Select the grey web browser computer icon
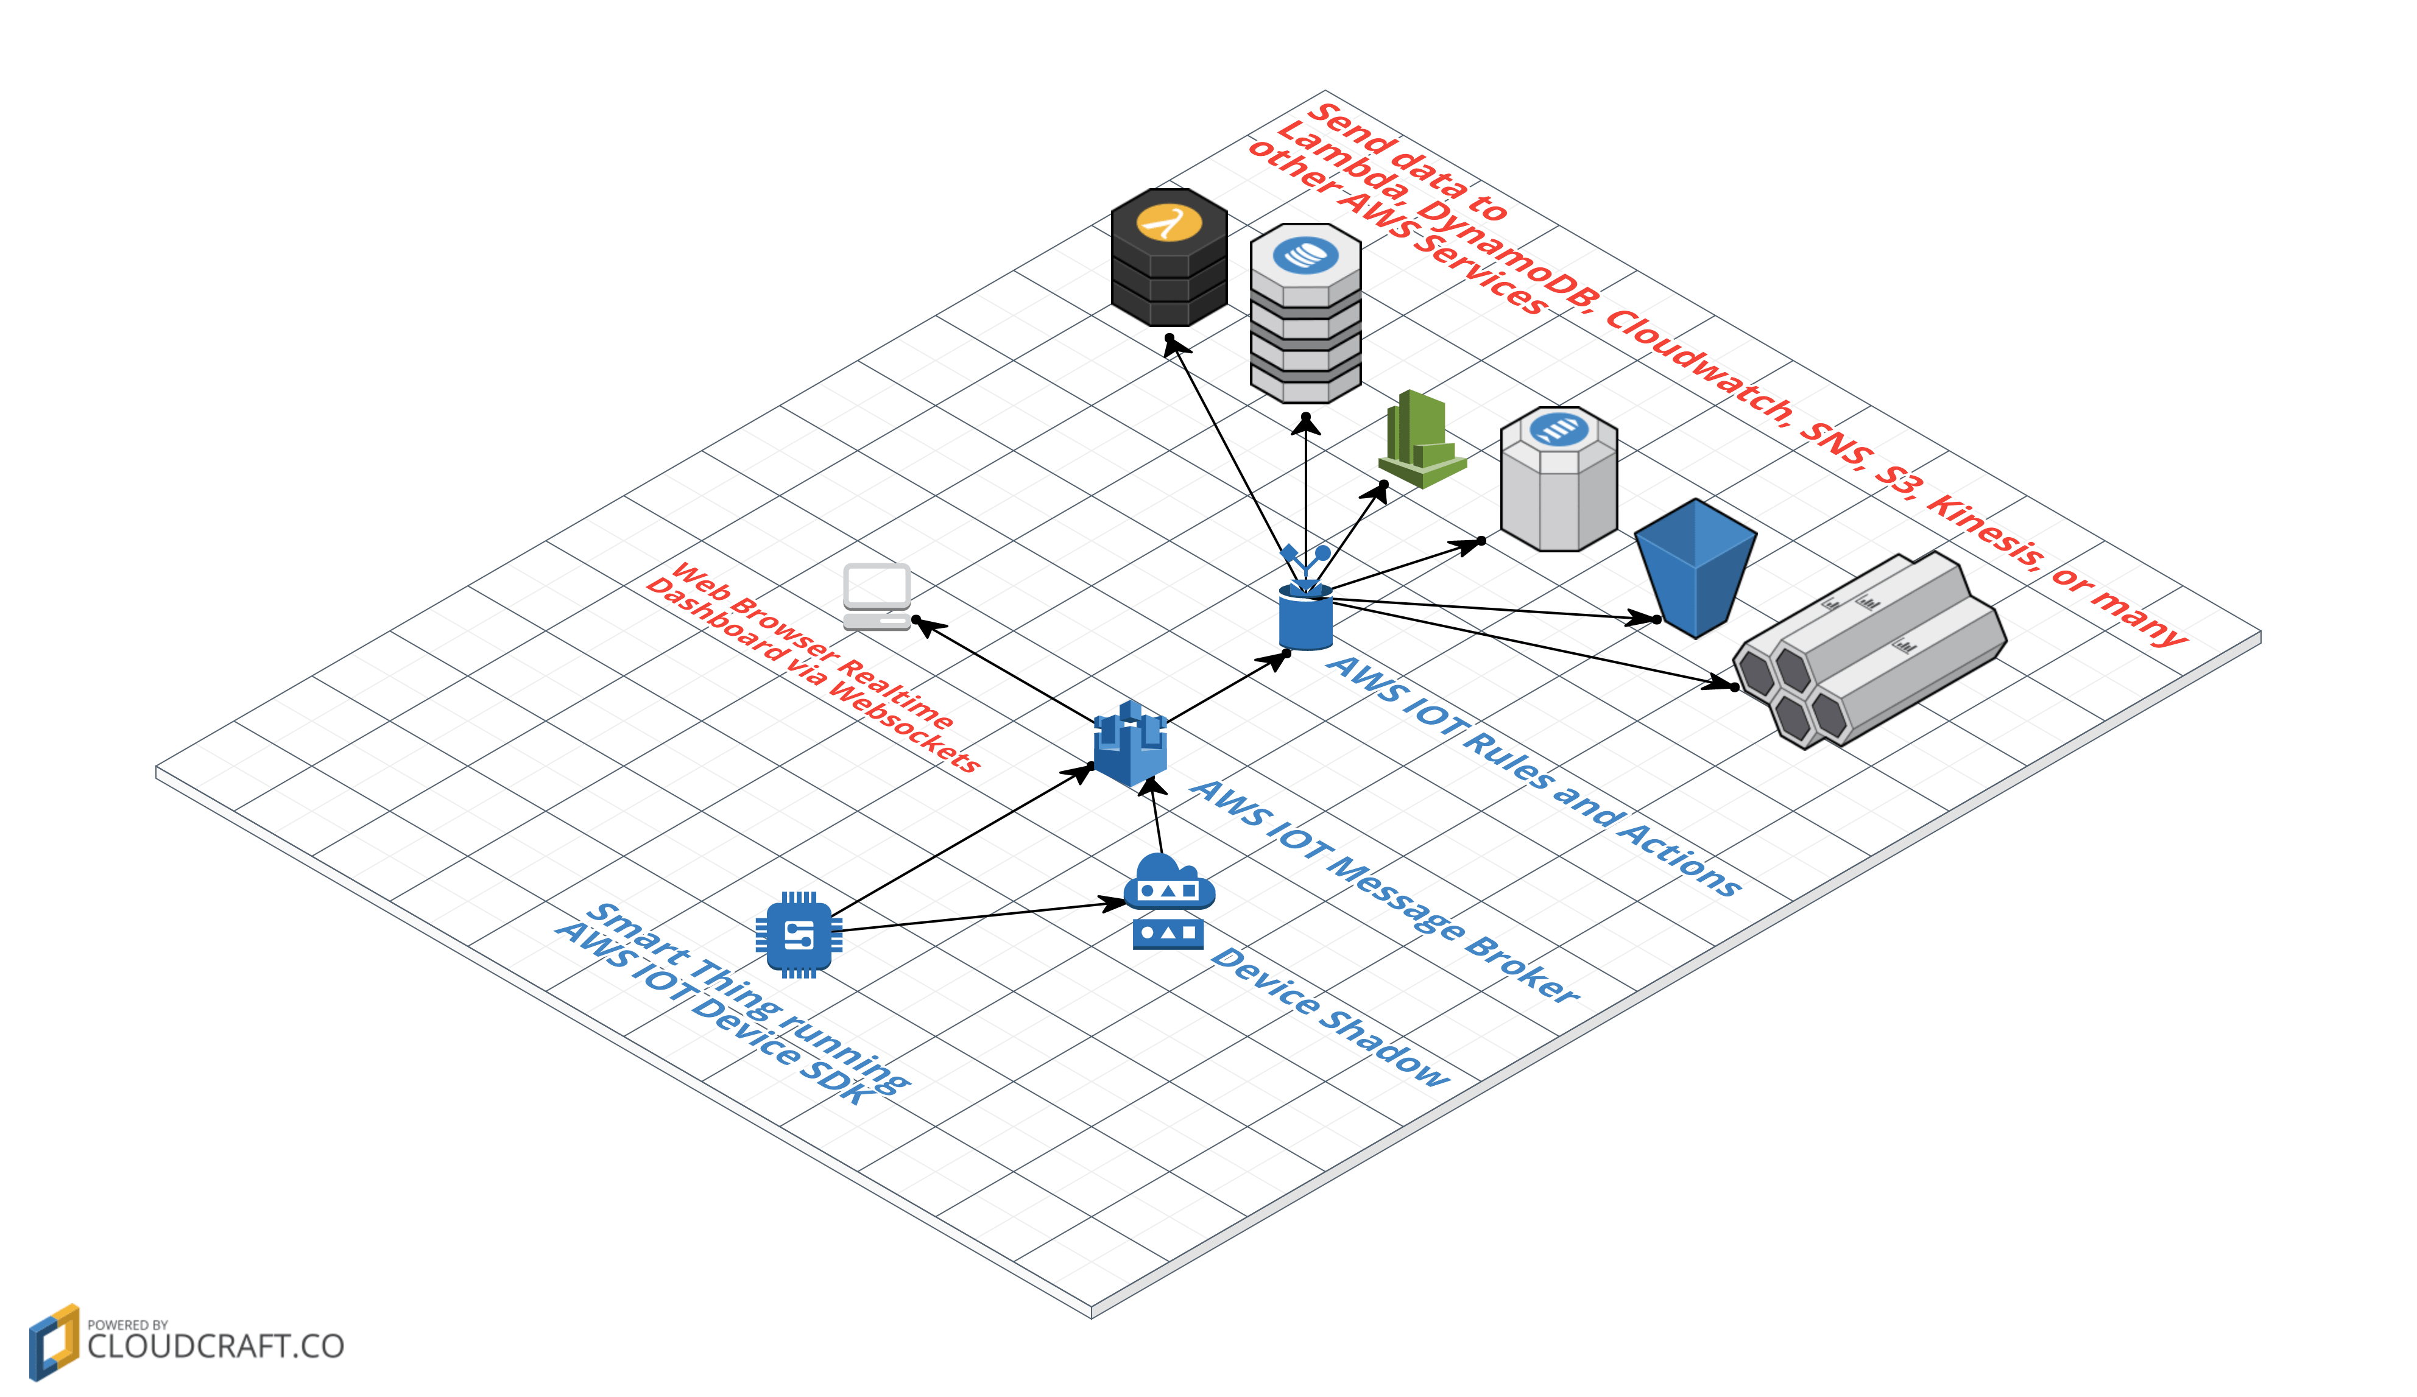point(877,596)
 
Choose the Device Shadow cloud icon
point(1168,901)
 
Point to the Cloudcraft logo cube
point(54,1342)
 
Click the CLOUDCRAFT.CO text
point(215,1346)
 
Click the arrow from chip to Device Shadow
point(978,917)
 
